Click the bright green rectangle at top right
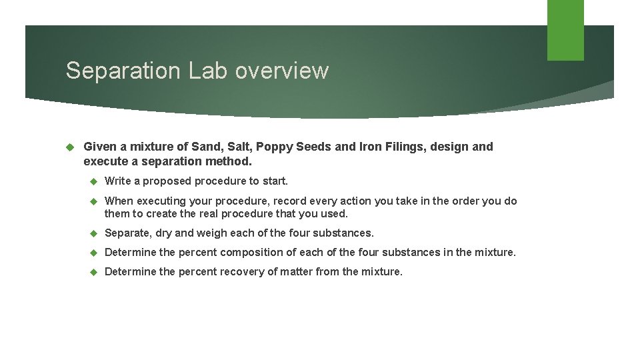point(565,29)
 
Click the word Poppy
point(273,147)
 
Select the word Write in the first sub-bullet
point(118,181)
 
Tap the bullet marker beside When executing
point(93,201)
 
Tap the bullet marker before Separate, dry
point(93,233)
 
